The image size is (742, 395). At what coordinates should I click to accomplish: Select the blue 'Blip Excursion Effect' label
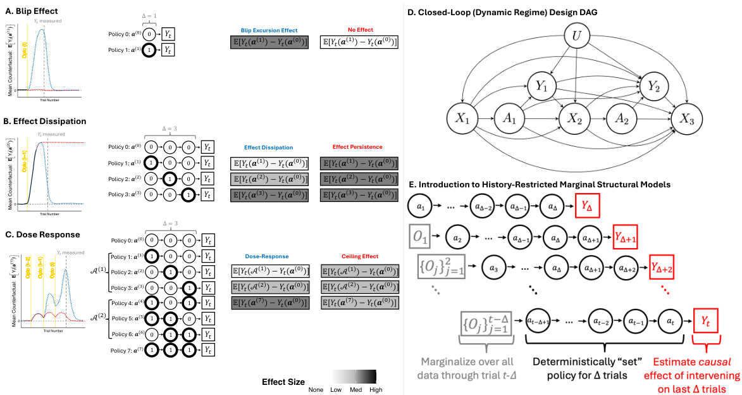point(268,29)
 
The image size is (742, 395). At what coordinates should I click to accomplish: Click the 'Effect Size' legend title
point(283,382)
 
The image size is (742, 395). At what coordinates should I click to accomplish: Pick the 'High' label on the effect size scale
point(376,390)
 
